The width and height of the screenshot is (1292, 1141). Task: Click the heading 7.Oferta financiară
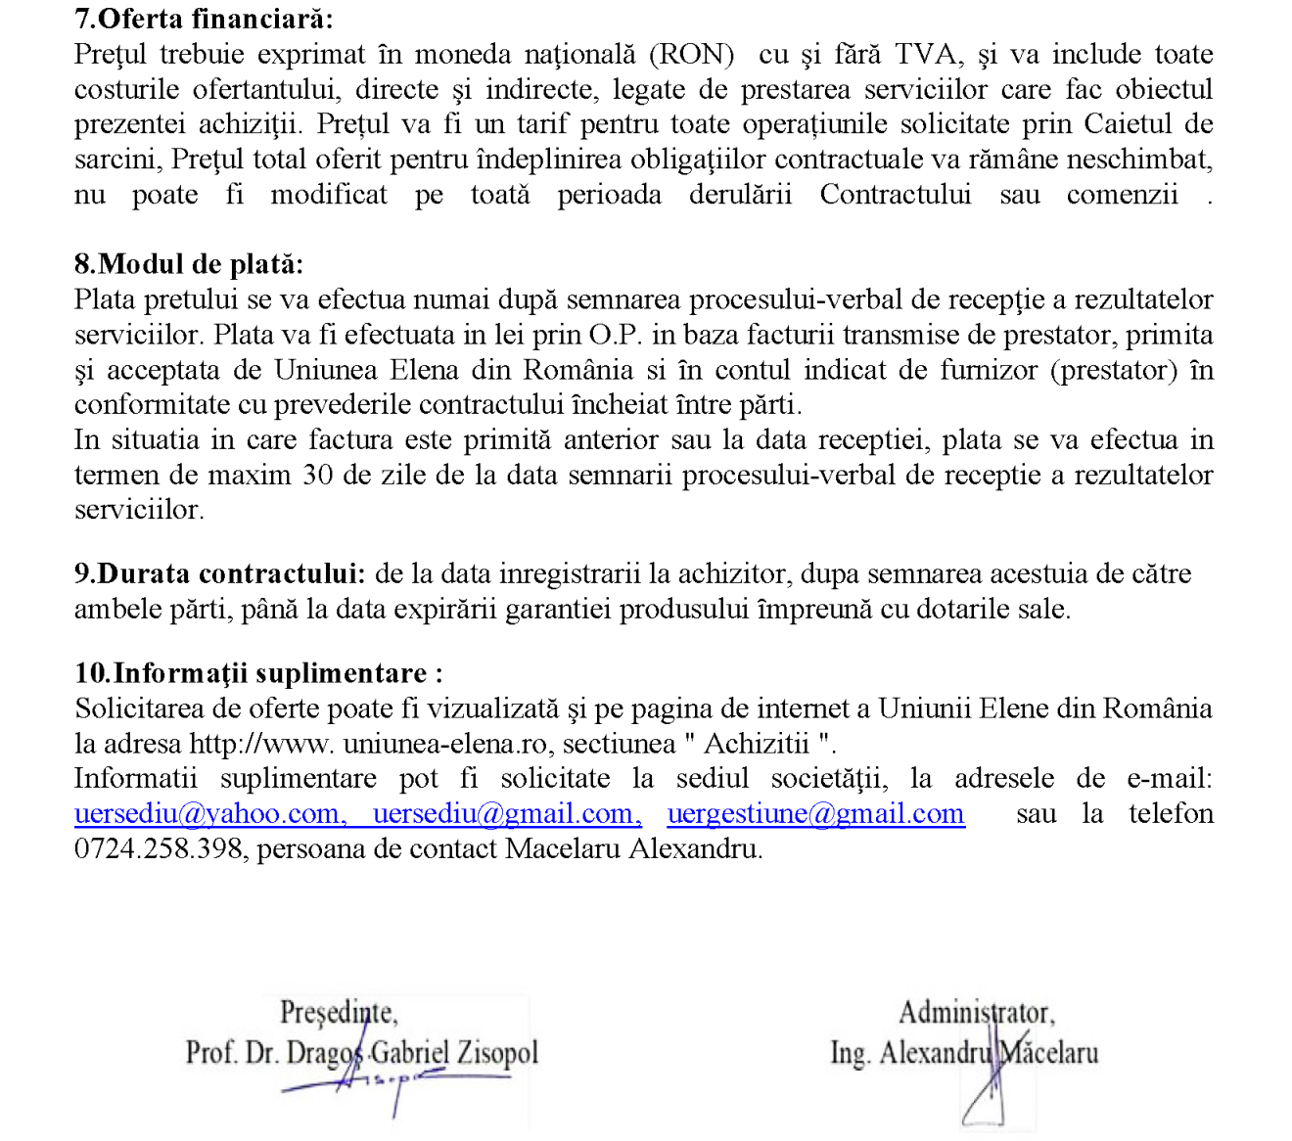click(x=204, y=19)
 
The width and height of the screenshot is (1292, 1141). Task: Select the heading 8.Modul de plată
click(x=189, y=264)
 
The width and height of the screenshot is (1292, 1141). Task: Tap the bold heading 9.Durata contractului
click(x=220, y=573)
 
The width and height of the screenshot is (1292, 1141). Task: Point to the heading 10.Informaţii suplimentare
click(x=258, y=673)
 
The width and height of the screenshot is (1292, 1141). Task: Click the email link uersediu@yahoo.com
click(x=208, y=814)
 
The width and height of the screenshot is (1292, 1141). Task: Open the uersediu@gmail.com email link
click(x=507, y=814)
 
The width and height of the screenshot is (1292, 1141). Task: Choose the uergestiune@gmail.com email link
click(x=815, y=814)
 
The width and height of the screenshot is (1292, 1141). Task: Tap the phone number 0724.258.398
click(x=158, y=848)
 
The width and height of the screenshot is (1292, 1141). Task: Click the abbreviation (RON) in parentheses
click(x=691, y=55)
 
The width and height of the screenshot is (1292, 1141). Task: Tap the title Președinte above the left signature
click(x=339, y=1012)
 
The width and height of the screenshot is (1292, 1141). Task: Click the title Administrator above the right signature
click(x=977, y=1012)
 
